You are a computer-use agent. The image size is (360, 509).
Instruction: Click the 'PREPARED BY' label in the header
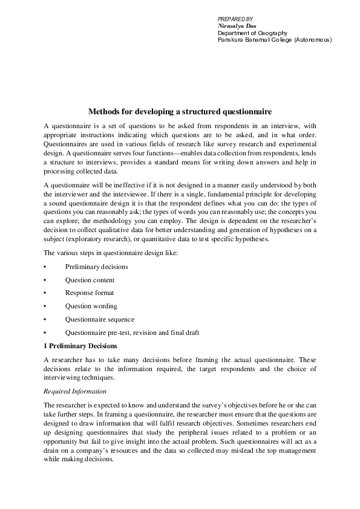(235, 19)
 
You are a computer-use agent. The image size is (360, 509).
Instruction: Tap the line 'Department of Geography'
(252, 33)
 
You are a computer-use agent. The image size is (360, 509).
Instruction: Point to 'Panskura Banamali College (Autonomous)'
(275, 39)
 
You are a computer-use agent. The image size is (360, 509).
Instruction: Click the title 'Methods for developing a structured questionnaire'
(180, 112)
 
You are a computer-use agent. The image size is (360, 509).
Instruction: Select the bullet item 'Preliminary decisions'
(96, 267)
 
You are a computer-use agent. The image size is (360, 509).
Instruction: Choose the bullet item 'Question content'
(90, 280)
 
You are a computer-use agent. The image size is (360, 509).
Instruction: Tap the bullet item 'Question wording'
(91, 306)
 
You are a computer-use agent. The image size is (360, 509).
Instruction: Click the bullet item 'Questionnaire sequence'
(100, 319)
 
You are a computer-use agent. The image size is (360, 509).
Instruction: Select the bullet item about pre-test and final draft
(132, 332)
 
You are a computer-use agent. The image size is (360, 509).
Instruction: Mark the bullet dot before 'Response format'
(45, 293)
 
